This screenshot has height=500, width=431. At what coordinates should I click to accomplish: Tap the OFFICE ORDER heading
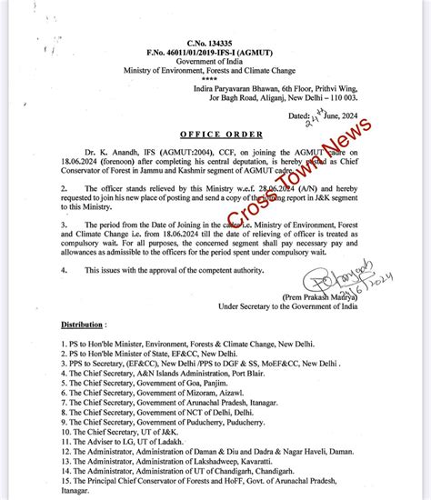(x=215, y=132)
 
